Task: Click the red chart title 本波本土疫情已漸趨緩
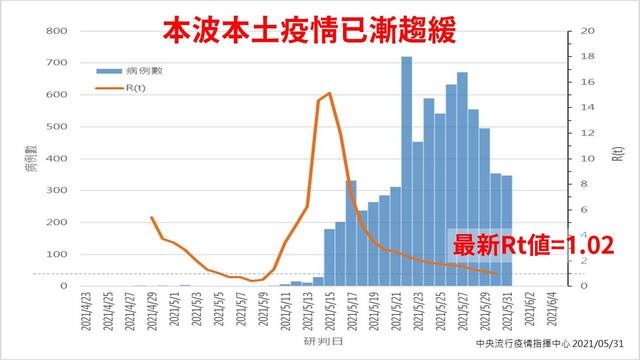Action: point(321,28)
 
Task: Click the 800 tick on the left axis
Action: point(56,31)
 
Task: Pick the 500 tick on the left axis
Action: point(56,127)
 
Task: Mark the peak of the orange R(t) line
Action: point(329,93)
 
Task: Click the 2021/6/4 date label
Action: point(549,309)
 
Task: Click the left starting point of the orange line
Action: point(151,217)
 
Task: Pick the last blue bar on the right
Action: point(507,231)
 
